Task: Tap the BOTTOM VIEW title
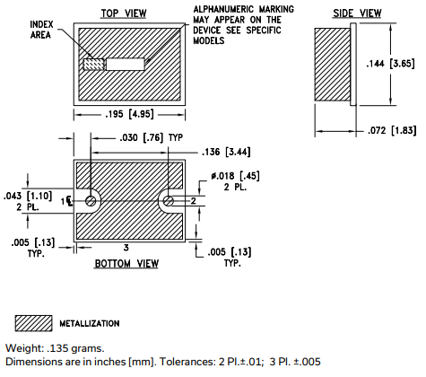126,264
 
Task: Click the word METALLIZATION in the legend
90,323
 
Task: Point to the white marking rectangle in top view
126,65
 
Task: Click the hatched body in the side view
331,65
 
